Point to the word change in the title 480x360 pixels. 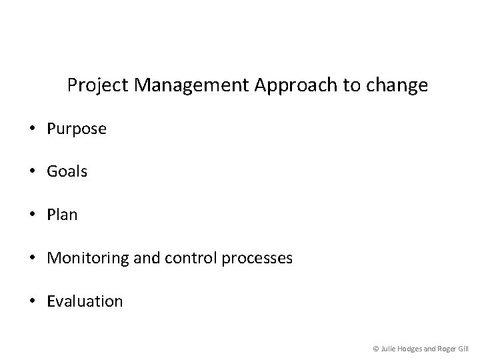pyautogui.click(x=401, y=86)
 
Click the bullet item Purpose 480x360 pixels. pyautogui.click(x=77, y=129)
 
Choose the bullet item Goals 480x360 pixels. pyautogui.click(x=67, y=172)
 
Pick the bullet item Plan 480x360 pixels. pyautogui.click(x=62, y=215)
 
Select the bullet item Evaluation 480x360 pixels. pyautogui.click(x=85, y=301)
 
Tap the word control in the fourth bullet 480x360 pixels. pyautogui.click(x=175, y=258)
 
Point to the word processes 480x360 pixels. pyautogui.click(x=257, y=259)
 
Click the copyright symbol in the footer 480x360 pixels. pyautogui.click(x=376, y=347)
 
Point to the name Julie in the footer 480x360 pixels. pyautogui.click(x=389, y=347)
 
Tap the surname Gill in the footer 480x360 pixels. pyautogui.click(x=463, y=347)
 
